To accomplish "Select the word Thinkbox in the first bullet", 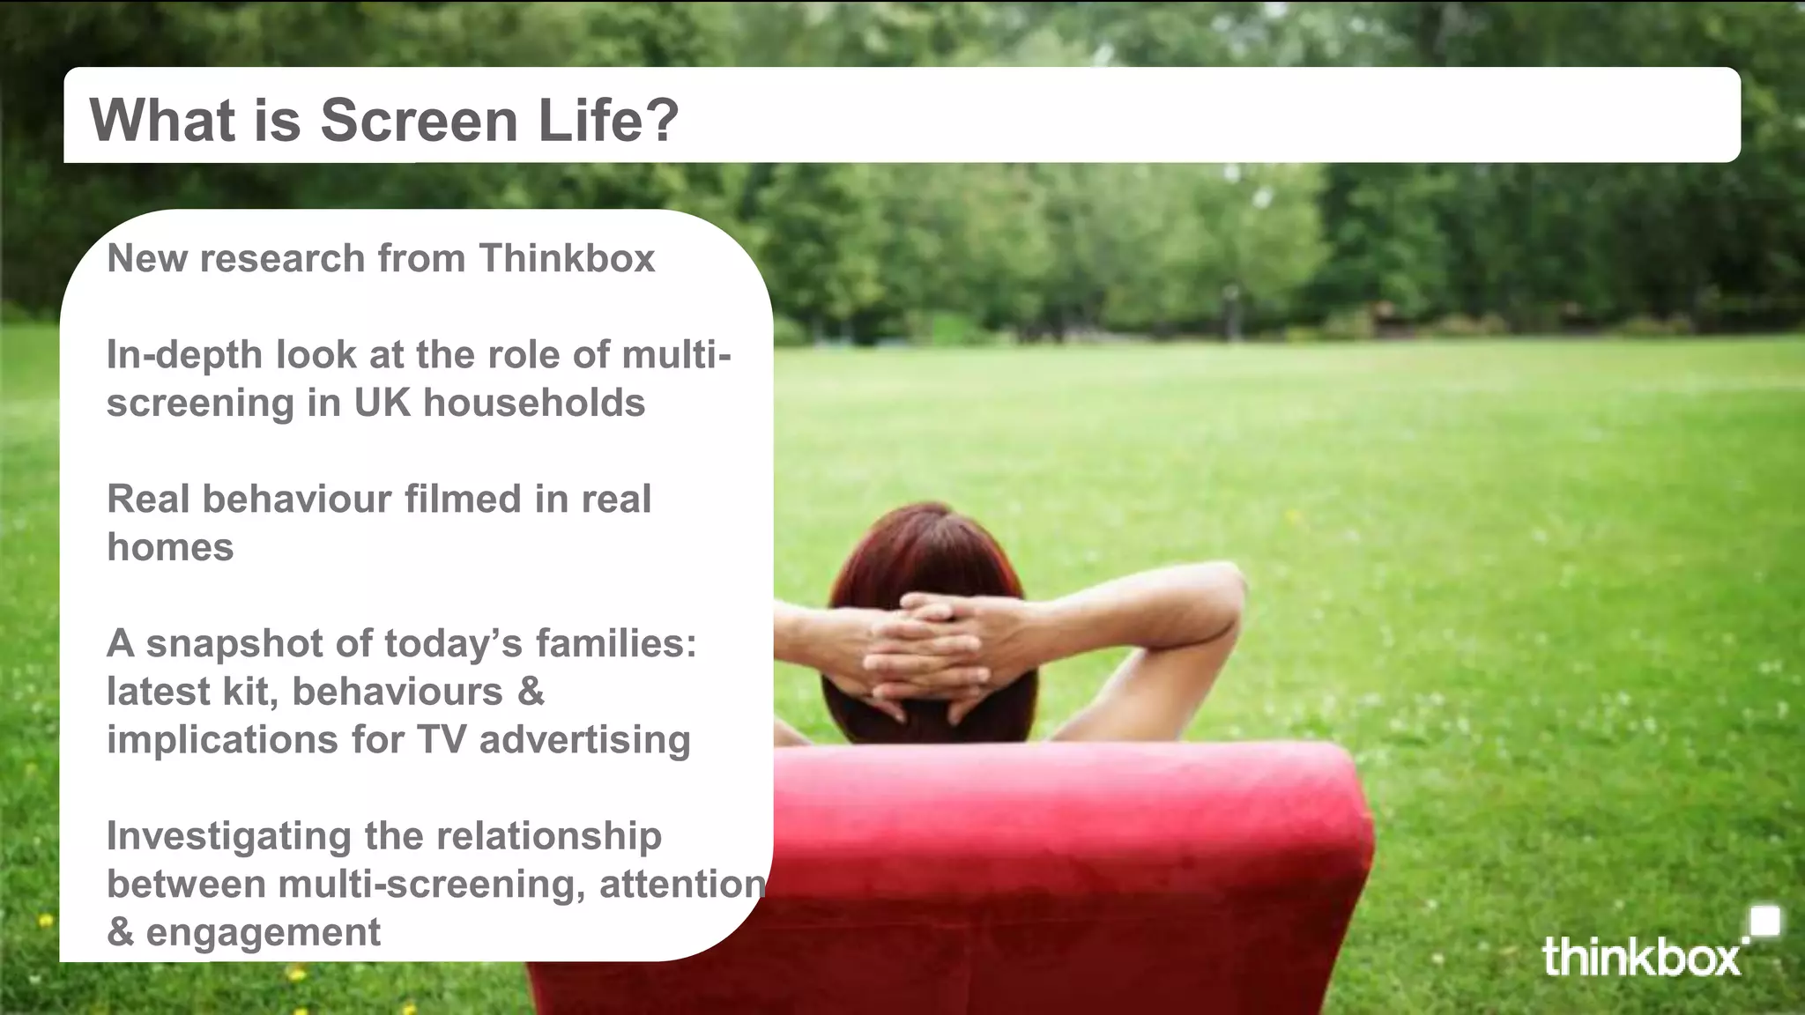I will (x=567, y=258).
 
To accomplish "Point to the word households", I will (x=534, y=403).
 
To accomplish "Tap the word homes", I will (x=170, y=547).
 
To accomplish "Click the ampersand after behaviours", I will (x=531, y=691).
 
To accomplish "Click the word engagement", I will (x=263, y=932).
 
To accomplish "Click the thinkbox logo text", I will (x=1641, y=957).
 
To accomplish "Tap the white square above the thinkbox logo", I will (x=1764, y=922).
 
